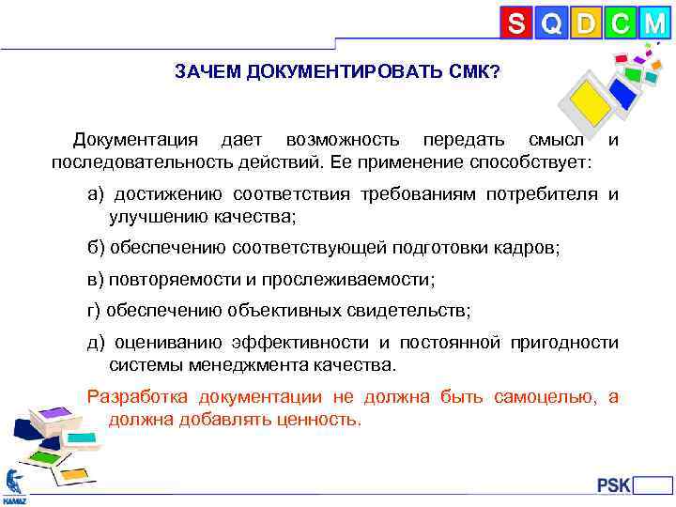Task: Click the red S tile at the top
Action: point(515,23)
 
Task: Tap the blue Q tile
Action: point(551,23)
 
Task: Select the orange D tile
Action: point(585,23)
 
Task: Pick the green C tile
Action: point(620,23)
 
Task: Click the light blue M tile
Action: point(654,23)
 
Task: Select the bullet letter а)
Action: point(97,194)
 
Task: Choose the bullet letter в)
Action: point(96,280)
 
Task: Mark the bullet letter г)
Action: point(95,310)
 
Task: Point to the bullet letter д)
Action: point(98,342)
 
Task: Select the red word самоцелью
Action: point(543,396)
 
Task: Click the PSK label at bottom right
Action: point(613,485)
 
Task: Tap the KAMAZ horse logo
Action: point(14,483)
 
